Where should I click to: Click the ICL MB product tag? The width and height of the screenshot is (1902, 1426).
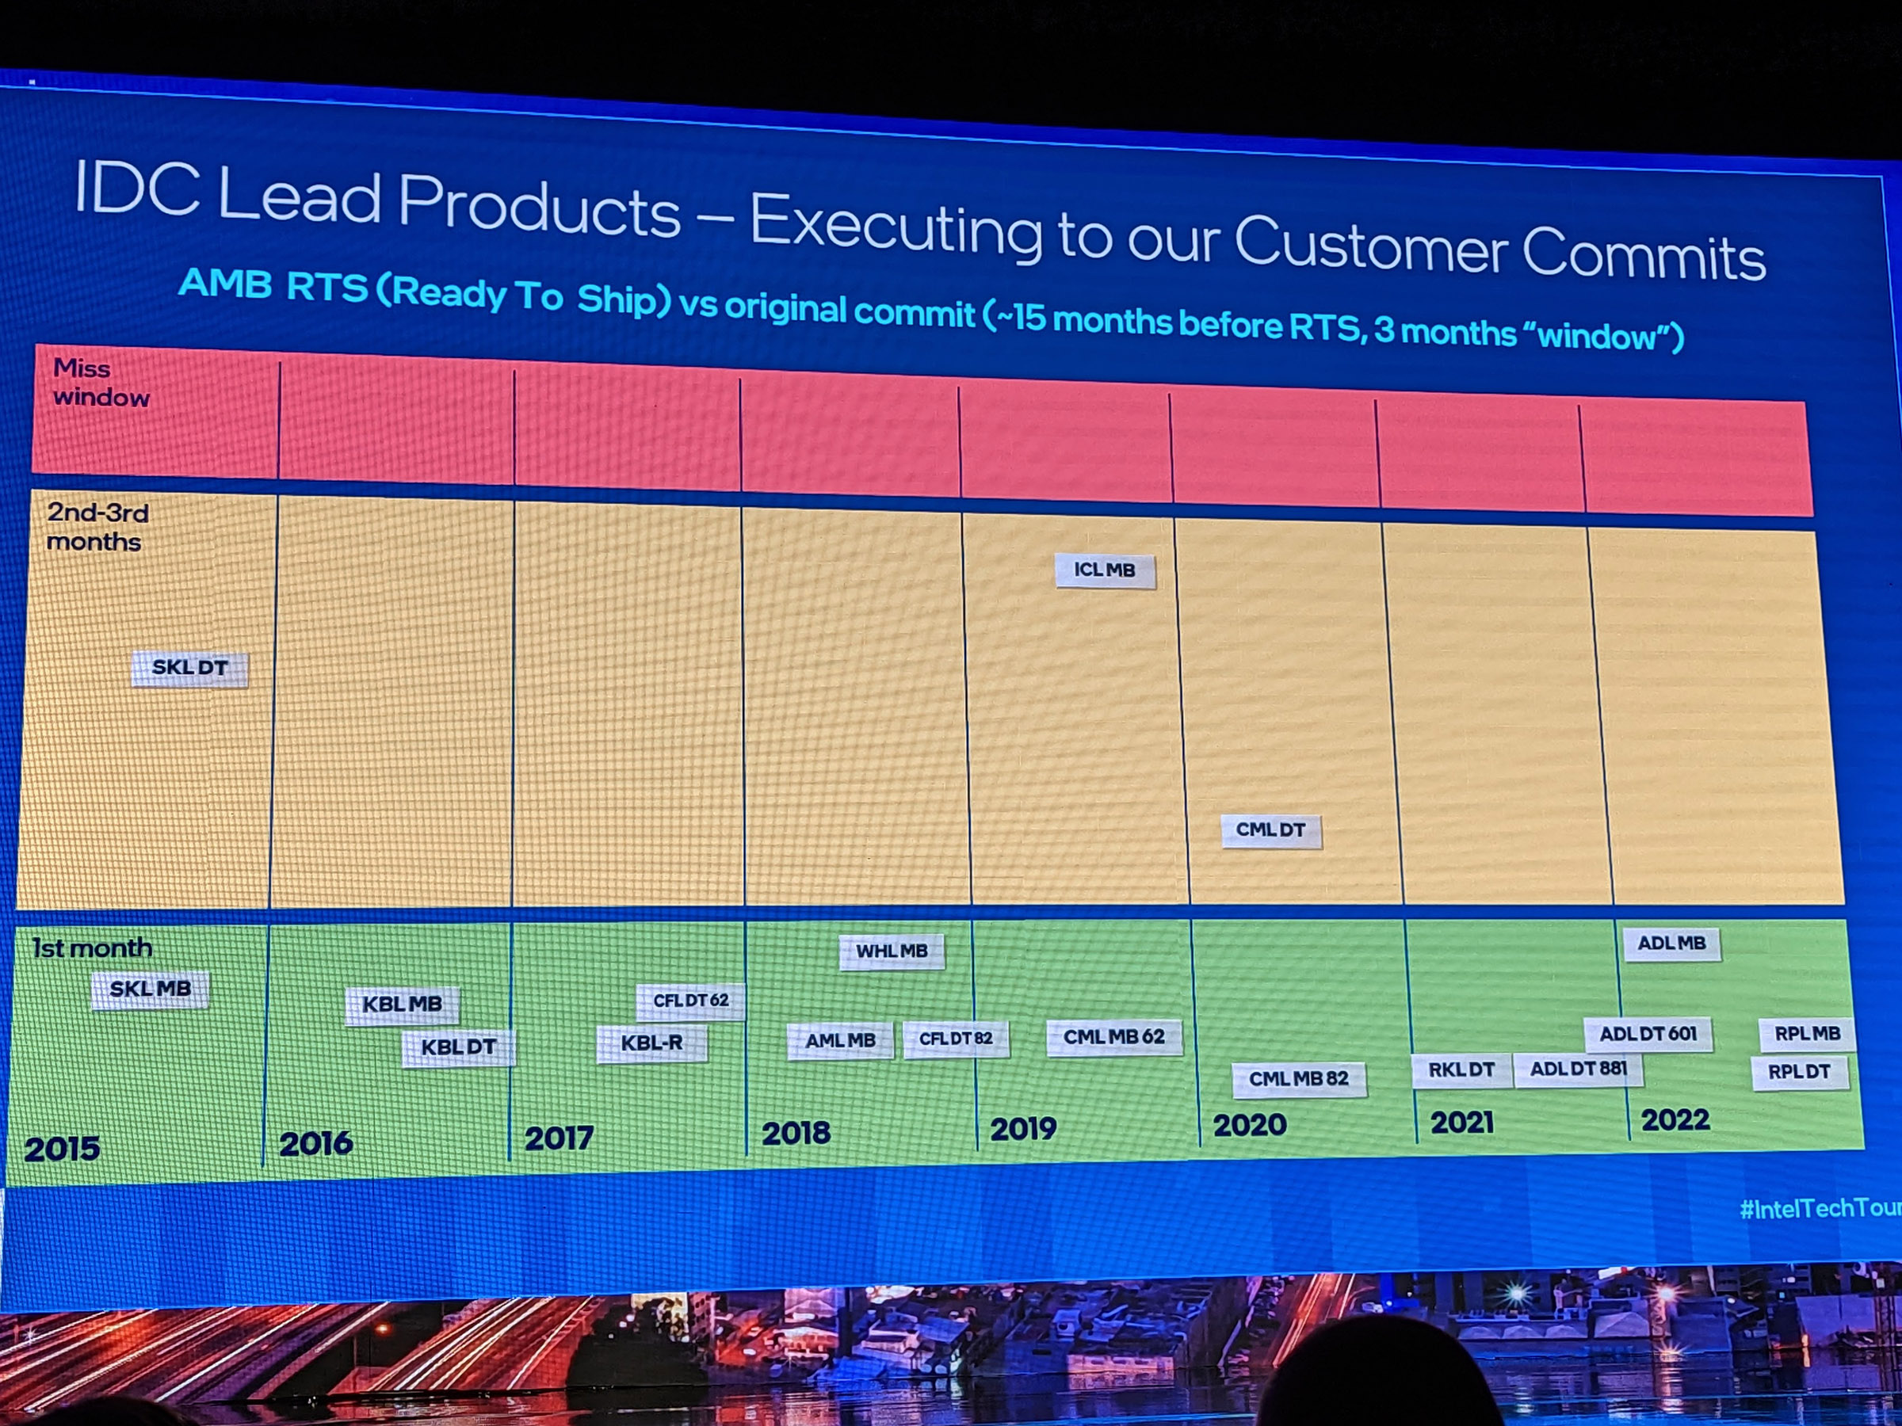(1105, 570)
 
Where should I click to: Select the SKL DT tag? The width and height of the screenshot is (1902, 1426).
(190, 668)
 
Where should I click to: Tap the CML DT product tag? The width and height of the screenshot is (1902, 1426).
(1271, 830)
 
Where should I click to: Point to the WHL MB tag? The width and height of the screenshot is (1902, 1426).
(892, 951)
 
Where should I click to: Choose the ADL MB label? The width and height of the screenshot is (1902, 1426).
(1671, 944)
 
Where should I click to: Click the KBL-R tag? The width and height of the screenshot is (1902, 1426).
(651, 1043)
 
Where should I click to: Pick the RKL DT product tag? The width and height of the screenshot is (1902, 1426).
(1461, 1070)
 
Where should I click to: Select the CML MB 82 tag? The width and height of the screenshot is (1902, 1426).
(1298, 1079)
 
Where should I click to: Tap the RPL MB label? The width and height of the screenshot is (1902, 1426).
(1808, 1034)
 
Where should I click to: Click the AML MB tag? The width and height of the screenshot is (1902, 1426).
(840, 1041)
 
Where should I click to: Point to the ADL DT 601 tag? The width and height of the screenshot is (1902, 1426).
(1648, 1034)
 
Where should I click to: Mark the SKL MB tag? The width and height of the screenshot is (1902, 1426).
(151, 989)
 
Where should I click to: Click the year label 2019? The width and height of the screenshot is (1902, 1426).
(1023, 1129)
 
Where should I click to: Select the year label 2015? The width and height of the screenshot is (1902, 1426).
(62, 1150)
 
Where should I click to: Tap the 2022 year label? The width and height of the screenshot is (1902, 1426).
(1675, 1120)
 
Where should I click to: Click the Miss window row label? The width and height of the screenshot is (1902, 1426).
(101, 383)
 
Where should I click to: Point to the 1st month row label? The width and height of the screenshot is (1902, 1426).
(92, 948)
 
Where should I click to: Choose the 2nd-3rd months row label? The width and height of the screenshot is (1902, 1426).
(97, 527)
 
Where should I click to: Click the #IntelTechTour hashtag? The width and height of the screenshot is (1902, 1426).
(1820, 1208)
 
